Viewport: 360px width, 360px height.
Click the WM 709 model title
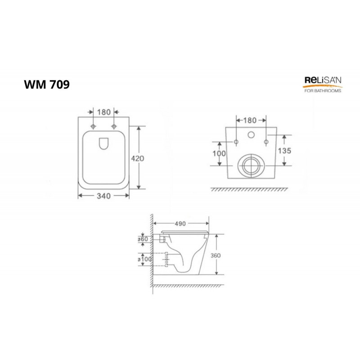[47, 84]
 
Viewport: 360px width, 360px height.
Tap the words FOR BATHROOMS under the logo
[323, 91]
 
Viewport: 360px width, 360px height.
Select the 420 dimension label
[138, 158]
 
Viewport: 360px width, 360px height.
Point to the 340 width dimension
[104, 196]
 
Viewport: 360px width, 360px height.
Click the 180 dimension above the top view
[104, 112]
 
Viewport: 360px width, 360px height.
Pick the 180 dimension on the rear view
[250, 120]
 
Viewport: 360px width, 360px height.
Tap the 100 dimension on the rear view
[219, 153]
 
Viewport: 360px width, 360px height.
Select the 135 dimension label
[284, 151]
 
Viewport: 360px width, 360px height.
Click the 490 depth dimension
[180, 224]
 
